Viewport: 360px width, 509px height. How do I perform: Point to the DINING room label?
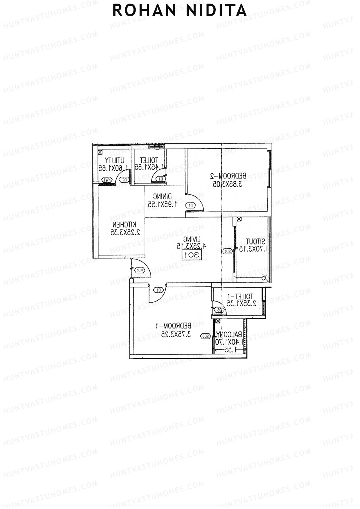pos(163,197)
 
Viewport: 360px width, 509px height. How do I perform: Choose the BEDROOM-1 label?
pos(173,325)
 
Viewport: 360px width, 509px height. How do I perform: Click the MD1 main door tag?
pos(140,270)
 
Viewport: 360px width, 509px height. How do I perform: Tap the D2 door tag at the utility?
pos(125,180)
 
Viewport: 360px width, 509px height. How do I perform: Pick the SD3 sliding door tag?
pos(205,336)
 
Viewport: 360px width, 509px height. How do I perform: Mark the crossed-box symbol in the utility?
pos(100,152)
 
